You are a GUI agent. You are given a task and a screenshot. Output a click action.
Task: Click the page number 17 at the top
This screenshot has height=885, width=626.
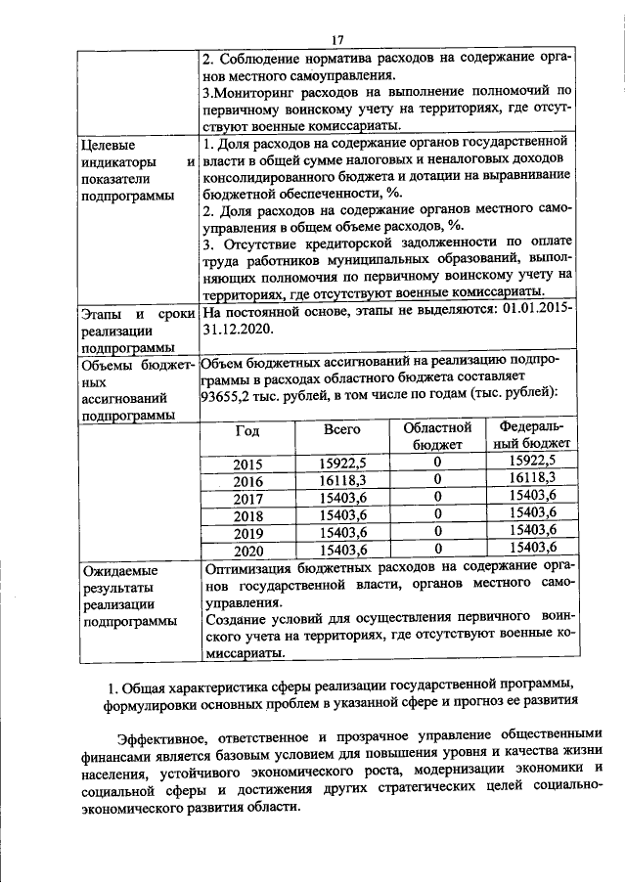pos(337,39)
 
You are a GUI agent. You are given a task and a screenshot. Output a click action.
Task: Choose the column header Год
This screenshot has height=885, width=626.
pos(248,430)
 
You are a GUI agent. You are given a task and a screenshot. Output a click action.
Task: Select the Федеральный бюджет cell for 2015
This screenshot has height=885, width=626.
pos(532,462)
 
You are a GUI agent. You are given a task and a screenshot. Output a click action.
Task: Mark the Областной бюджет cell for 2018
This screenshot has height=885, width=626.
pos(437,514)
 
